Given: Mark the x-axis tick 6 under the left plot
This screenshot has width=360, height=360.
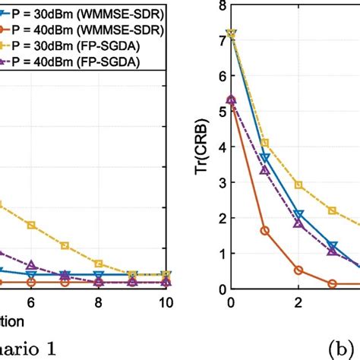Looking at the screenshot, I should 31,302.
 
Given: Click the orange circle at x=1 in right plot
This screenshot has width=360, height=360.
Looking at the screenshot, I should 264,230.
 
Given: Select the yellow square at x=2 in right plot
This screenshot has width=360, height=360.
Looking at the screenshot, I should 298,185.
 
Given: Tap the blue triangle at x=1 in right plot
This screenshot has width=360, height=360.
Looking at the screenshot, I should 264,158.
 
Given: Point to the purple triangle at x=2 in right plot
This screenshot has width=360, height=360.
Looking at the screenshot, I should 298,224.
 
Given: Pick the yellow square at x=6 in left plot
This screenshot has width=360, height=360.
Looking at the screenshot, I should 31,225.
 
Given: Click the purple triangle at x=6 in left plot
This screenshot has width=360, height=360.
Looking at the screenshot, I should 31,265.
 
